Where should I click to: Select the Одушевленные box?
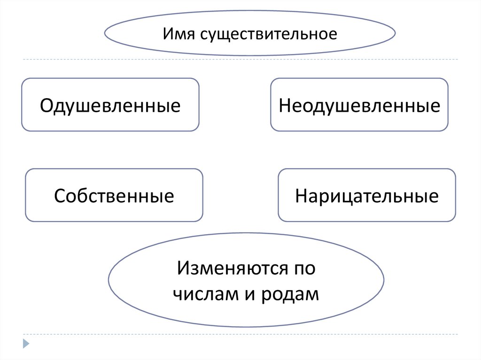110,105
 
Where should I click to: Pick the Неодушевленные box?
359,105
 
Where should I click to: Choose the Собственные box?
114,195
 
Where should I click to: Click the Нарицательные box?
367,195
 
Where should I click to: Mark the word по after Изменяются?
304,269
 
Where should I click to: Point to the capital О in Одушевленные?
46,105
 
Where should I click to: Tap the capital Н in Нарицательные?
301,195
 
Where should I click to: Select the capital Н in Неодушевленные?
284,105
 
